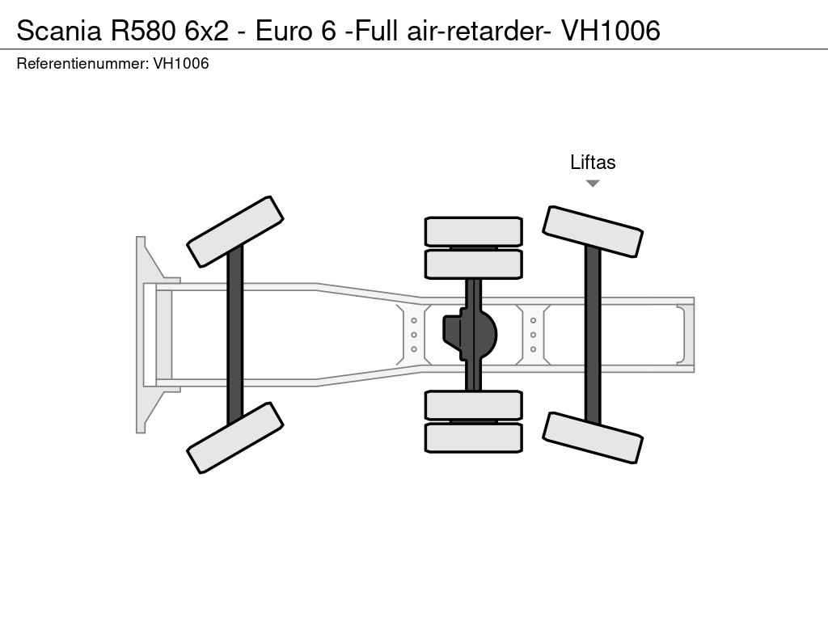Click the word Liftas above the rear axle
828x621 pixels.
[x=593, y=163]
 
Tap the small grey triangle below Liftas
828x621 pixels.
[x=593, y=184]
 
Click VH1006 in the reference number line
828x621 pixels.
[x=181, y=64]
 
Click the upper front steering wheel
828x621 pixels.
[x=234, y=231]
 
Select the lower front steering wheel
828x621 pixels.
[x=234, y=437]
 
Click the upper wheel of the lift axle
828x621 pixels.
[x=593, y=231]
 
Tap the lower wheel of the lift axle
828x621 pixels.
[x=593, y=437]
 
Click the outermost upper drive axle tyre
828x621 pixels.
[x=473, y=231]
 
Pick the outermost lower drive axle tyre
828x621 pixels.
[x=473, y=437]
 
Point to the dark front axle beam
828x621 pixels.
[x=234, y=334]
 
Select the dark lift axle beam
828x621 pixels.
[x=593, y=334]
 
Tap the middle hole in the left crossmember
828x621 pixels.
[x=414, y=335]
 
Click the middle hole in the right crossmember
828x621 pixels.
[x=534, y=335]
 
